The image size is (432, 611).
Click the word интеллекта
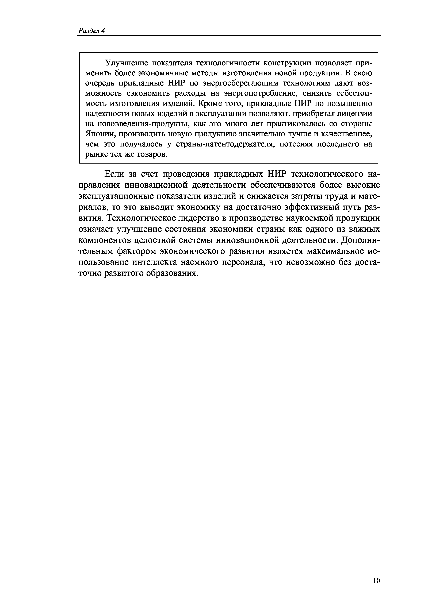(155, 262)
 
